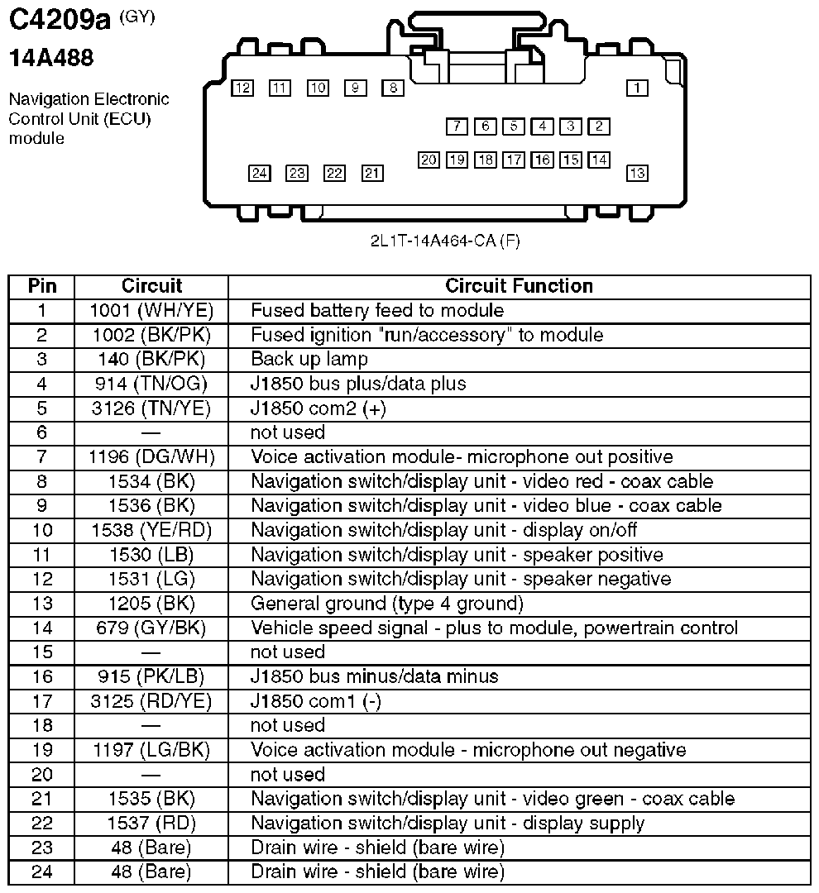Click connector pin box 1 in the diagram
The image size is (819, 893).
pyautogui.click(x=636, y=87)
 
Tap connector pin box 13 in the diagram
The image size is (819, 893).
pyautogui.click(x=636, y=173)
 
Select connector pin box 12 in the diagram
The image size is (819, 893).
pyautogui.click(x=242, y=88)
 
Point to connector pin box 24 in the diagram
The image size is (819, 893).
pyautogui.click(x=260, y=173)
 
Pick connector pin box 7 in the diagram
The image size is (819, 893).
pyautogui.click(x=457, y=127)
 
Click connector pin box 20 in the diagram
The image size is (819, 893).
pyautogui.click(x=429, y=160)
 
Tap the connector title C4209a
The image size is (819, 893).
pyautogui.click(x=59, y=21)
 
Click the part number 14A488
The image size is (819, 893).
pyautogui.click(x=51, y=58)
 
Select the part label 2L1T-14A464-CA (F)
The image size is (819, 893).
pyautogui.click(x=445, y=241)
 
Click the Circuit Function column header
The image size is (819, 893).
pyautogui.click(x=519, y=286)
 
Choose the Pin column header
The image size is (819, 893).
pyautogui.click(x=42, y=286)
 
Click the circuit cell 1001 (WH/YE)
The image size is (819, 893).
pyautogui.click(x=151, y=311)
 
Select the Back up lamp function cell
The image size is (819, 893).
pyautogui.click(x=309, y=360)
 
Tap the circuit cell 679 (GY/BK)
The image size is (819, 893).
pyautogui.click(x=151, y=628)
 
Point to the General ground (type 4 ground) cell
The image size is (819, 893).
pyautogui.click(x=387, y=603)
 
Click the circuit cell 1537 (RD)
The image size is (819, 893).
pyautogui.click(x=151, y=824)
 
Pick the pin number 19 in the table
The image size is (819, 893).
pyautogui.click(x=42, y=750)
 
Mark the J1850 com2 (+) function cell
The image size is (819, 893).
pyautogui.click(x=318, y=408)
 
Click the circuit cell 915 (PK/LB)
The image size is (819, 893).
pyautogui.click(x=151, y=676)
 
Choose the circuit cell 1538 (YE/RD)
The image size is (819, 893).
pyautogui.click(x=151, y=530)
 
